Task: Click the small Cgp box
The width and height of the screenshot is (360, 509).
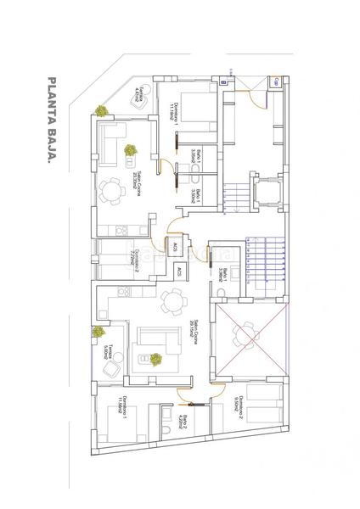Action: [x=277, y=81]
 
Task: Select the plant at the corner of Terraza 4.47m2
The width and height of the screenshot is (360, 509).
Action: [x=102, y=109]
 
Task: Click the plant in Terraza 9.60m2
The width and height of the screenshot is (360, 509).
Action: [x=99, y=332]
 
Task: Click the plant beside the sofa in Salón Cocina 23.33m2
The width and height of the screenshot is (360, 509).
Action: [x=131, y=150]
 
